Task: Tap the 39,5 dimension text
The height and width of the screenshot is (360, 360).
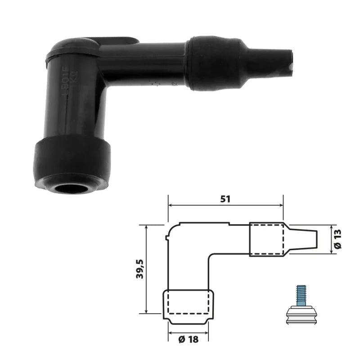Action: pos(139,269)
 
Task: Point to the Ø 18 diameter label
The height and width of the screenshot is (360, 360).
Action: pos(188,340)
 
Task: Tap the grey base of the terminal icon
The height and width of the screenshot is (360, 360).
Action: pos(301,313)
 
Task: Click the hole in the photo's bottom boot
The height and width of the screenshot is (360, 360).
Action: pos(72,188)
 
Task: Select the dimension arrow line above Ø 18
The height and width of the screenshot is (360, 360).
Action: pos(188,332)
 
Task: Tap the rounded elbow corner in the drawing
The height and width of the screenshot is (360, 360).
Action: pos(171,230)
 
